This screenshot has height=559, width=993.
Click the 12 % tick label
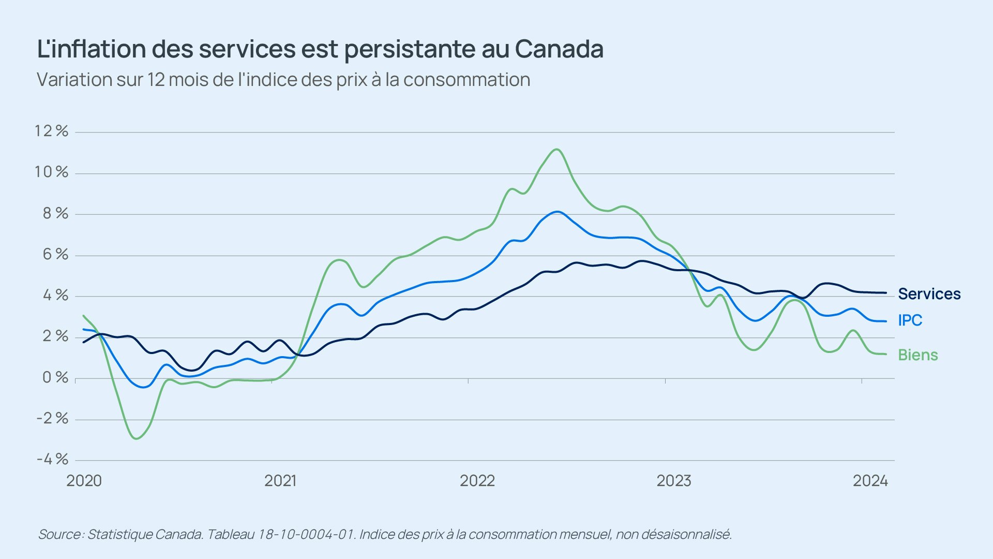pos(51,131)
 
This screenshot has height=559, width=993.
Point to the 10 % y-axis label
pos(51,172)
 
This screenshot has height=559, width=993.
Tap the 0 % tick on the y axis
pos(55,378)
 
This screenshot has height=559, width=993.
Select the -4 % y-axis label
pos(52,459)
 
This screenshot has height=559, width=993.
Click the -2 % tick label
pos(52,418)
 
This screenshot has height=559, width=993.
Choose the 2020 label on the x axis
pos(84,481)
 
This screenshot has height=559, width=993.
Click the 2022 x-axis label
pos(477,481)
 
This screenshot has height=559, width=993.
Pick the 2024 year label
pos(870,481)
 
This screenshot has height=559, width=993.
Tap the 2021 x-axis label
pos(280,481)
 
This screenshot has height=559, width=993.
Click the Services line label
pos(929,294)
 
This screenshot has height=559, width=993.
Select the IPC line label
pos(910,320)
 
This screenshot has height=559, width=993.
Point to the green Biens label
pos(918,355)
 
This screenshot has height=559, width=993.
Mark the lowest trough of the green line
pos(137,439)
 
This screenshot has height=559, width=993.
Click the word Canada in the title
pos(559,49)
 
